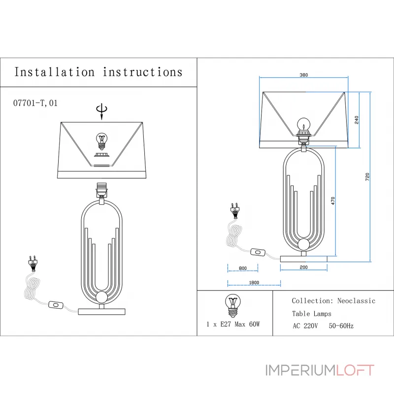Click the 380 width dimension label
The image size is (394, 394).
(303, 75)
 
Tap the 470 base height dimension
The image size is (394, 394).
(333, 200)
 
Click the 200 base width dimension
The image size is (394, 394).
(303, 267)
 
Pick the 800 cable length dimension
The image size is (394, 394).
(242, 268)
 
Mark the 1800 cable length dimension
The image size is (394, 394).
(254, 282)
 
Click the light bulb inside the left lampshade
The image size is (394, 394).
(102, 141)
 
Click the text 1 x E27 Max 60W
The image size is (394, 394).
(233, 324)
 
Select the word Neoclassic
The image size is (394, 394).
(356, 300)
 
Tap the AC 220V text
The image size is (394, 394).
(305, 326)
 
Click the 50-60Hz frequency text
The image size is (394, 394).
(341, 326)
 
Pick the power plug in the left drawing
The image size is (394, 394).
(33, 262)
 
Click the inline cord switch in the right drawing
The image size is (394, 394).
(258, 252)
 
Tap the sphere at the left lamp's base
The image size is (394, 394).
(102, 297)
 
